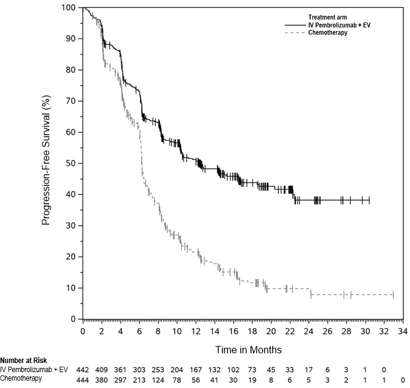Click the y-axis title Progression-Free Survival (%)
point(46,164)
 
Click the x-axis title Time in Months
point(248,350)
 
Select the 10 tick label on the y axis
point(72,287)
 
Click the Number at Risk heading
point(23,361)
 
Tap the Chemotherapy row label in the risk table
point(21,378)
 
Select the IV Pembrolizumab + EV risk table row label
point(34,370)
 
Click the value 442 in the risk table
point(83,370)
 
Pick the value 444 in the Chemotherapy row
point(83,378)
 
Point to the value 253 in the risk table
point(158,370)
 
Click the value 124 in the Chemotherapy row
point(158,378)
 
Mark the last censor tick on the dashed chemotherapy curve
point(394,295)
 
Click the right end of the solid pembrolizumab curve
point(369,200)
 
